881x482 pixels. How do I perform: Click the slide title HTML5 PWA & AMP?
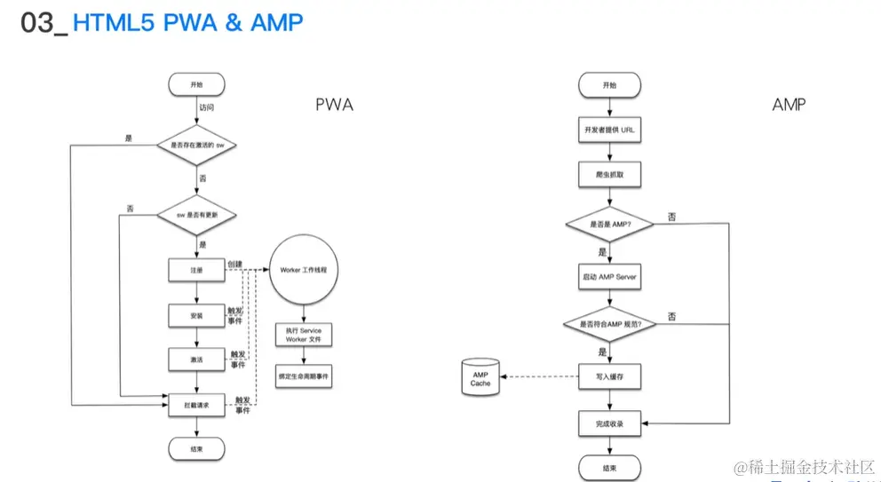pyautogui.click(x=187, y=23)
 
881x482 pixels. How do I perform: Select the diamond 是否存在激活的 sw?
pyautogui.click(x=196, y=145)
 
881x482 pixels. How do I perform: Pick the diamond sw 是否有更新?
pyautogui.click(x=196, y=214)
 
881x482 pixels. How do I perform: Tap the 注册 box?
pyautogui.click(x=196, y=269)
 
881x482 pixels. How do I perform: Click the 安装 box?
pyautogui.click(x=196, y=315)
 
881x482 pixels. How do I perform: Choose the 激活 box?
pyautogui.click(x=196, y=360)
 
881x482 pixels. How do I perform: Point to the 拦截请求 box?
pyautogui.click(x=196, y=405)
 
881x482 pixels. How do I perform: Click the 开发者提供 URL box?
pyautogui.click(x=608, y=130)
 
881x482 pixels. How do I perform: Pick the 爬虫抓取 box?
pyautogui.click(x=608, y=175)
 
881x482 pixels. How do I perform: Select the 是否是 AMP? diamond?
pyautogui.click(x=608, y=225)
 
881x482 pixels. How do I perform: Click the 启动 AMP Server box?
pyautogui.click(x=608, y=276)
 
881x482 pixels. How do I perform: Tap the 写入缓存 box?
pyautogui.click(x=608, y=377)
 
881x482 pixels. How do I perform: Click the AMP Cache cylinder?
pyautogui.click(x=480, y=378)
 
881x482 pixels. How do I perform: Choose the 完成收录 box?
pyautogui.click(x=608, y=423)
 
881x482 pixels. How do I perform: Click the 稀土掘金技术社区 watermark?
pyautogui.click(x=803, y=466)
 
